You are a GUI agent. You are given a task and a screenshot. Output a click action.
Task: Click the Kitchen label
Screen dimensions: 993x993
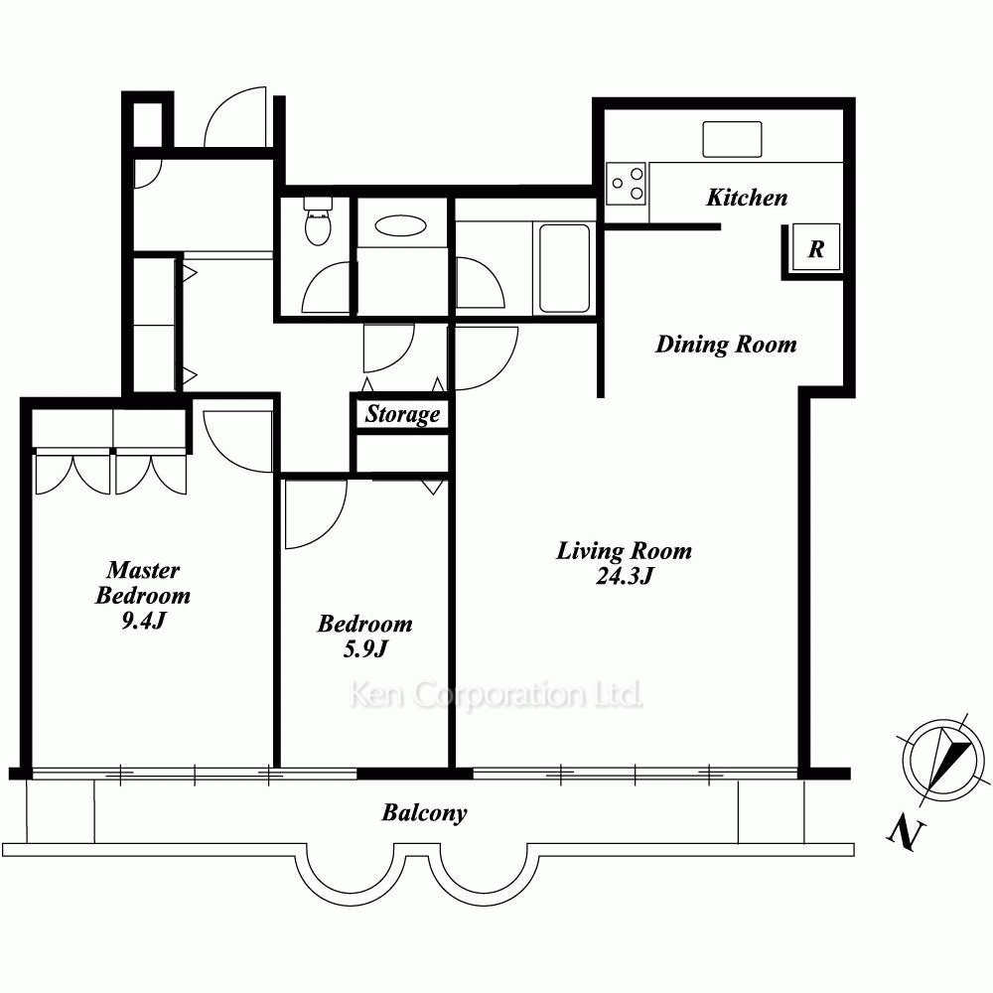(747, 198)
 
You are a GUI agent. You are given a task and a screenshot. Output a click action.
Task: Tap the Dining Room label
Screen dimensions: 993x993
(726, 345)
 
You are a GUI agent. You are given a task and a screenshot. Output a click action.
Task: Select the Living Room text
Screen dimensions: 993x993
(624, 551)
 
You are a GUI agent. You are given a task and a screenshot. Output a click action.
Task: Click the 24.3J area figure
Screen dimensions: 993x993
(624, 576)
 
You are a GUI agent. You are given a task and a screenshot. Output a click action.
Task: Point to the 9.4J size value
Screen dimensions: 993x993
(143, 621)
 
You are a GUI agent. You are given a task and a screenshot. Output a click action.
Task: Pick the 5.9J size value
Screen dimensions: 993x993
(364, 649)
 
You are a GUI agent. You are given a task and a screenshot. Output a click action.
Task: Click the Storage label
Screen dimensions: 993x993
(402, 414)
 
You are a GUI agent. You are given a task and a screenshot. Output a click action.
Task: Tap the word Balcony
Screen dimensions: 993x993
(424, 812)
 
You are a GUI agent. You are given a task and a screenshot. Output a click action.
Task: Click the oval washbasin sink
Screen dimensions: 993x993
(400, 225)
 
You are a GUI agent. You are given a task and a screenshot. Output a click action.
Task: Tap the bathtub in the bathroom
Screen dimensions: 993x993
(564, 268)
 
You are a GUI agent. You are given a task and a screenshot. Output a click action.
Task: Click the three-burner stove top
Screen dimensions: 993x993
(626, 184)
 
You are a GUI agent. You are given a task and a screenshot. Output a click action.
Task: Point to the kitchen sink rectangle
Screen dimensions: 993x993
(732, 139)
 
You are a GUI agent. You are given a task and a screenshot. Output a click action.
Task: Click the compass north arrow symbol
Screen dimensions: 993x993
(943, 760)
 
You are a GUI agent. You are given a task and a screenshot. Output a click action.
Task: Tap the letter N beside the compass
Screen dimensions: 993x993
(906, 834)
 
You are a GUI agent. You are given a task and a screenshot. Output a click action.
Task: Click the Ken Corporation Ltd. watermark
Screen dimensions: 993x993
(496, 695)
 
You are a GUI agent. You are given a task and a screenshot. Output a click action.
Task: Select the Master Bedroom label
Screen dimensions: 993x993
(143, 583)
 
